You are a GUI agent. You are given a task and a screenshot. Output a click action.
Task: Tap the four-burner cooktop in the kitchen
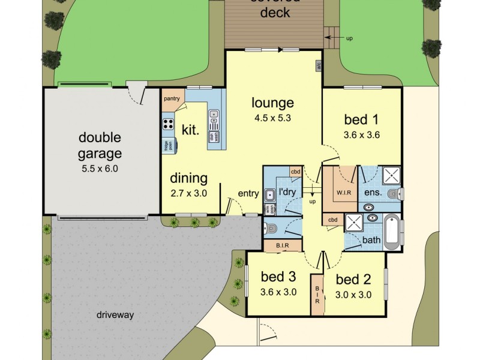[168, 126]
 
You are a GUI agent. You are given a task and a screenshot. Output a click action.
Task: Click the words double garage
[100, 146]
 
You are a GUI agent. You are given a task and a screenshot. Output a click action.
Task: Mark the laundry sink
[271, 194]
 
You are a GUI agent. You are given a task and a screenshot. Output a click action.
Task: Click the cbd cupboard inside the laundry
[295, 172]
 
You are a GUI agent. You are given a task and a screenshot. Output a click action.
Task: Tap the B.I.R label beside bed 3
[283, 245]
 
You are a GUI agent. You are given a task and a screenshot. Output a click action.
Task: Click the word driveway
[115, 314]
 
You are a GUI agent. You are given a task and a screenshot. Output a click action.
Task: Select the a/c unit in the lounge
[319, 67]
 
